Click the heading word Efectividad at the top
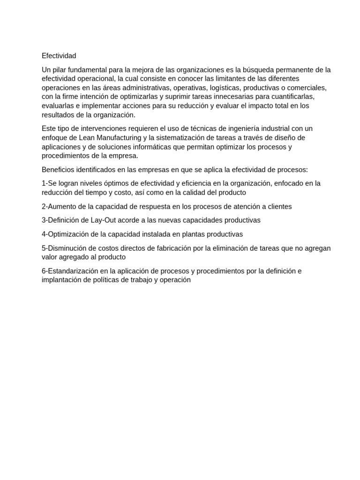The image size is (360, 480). point(59,56)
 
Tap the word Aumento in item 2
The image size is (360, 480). point(61,206)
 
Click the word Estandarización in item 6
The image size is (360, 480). point(73,271)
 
